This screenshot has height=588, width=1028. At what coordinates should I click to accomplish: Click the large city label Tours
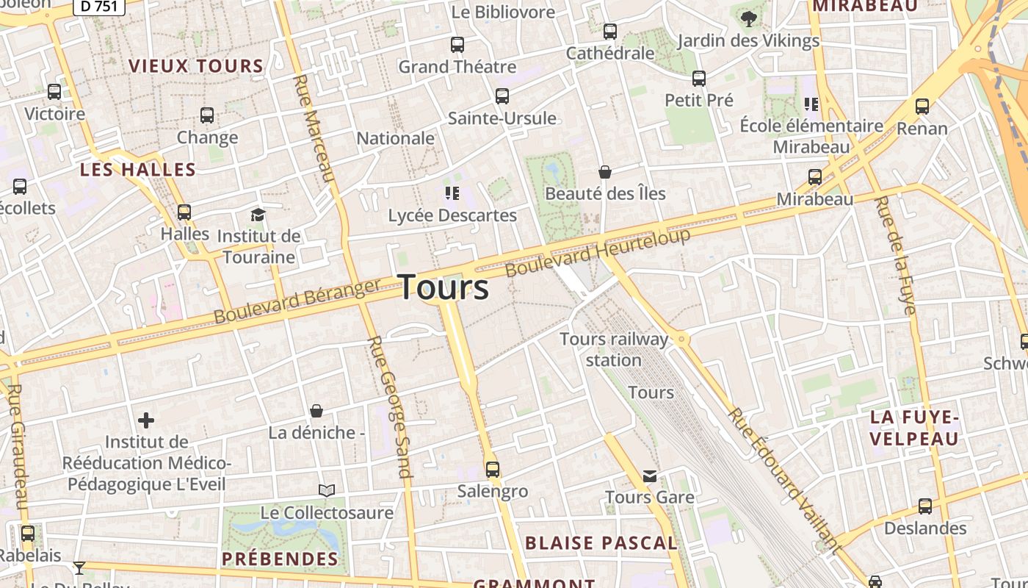click(444, 287)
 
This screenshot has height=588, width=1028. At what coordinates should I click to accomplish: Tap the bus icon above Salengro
click(493, 469)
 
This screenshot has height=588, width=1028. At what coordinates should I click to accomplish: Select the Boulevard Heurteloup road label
click(598, 253)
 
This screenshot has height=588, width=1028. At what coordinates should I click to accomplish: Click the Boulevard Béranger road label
click(297, 301)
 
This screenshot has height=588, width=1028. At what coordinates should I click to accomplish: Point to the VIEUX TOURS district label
click(196, 66)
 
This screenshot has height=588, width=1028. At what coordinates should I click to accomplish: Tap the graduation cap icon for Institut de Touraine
click(258, 215)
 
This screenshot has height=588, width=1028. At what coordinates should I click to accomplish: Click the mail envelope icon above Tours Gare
click(650, 476)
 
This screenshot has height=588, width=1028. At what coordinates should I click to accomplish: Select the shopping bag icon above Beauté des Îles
click(605, 172)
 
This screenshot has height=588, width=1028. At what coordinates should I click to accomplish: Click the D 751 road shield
click(99, 7)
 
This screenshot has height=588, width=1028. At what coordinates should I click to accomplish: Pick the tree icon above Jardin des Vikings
click(748, 18)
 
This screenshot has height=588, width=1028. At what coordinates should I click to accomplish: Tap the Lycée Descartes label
click(452, 215)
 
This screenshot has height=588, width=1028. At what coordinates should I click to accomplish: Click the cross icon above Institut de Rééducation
click(146, 420)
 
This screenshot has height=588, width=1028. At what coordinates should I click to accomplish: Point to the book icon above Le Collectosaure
click(327, 490)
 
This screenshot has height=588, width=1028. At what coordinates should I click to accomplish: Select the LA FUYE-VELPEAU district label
click(914, 428)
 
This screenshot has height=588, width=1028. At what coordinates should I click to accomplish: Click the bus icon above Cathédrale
click(610, 32)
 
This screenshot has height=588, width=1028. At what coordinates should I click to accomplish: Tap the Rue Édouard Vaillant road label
click(783, 479)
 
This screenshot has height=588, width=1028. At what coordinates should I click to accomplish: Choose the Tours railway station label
click(614, 349)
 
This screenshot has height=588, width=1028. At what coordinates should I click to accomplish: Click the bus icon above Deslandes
click(925, 506)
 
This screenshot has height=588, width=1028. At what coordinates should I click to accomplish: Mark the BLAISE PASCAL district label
click(601, 543)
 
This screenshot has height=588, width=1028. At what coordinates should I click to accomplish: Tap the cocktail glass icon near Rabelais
click(79, 567)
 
